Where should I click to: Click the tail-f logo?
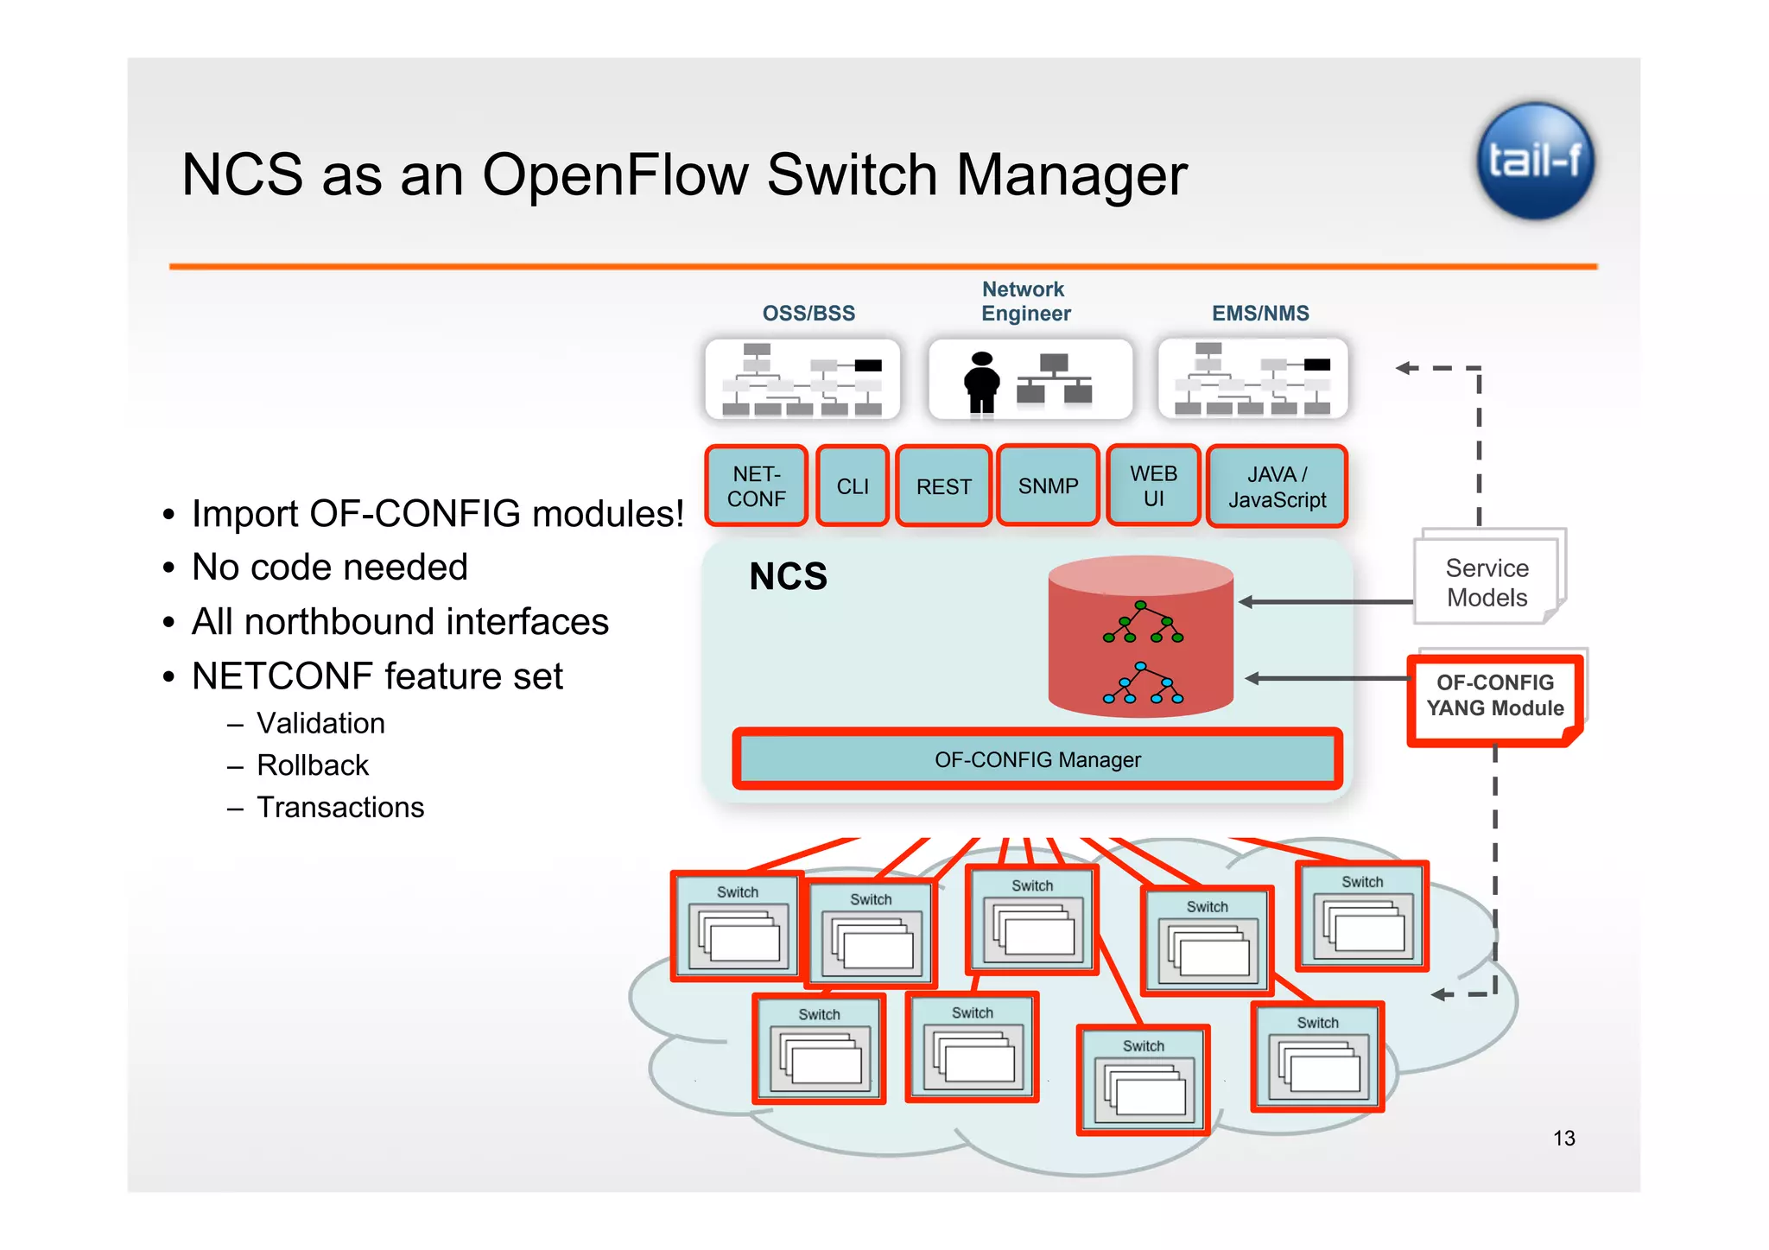pos(1535,162)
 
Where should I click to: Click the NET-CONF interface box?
pos(757,486)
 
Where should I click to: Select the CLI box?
pos(853,486)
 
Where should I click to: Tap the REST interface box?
pos(943,486)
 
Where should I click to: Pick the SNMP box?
pos(1048,485)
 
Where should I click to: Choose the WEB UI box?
pos(1153,485)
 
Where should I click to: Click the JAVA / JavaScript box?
pos(1277,486)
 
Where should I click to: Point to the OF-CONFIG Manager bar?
pos(1037,759)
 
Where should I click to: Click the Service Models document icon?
pos(1487,581)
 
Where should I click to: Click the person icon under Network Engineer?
pos(982,383)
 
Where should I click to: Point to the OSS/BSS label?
pos(808,314)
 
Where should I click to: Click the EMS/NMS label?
pos(1260,314)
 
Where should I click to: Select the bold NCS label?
pos(788,576)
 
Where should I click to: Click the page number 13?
pos(1563,1138)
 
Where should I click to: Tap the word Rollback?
pos(313,765)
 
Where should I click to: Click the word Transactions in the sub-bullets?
pos(340,807)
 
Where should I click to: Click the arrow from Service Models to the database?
pos(1326,602)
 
